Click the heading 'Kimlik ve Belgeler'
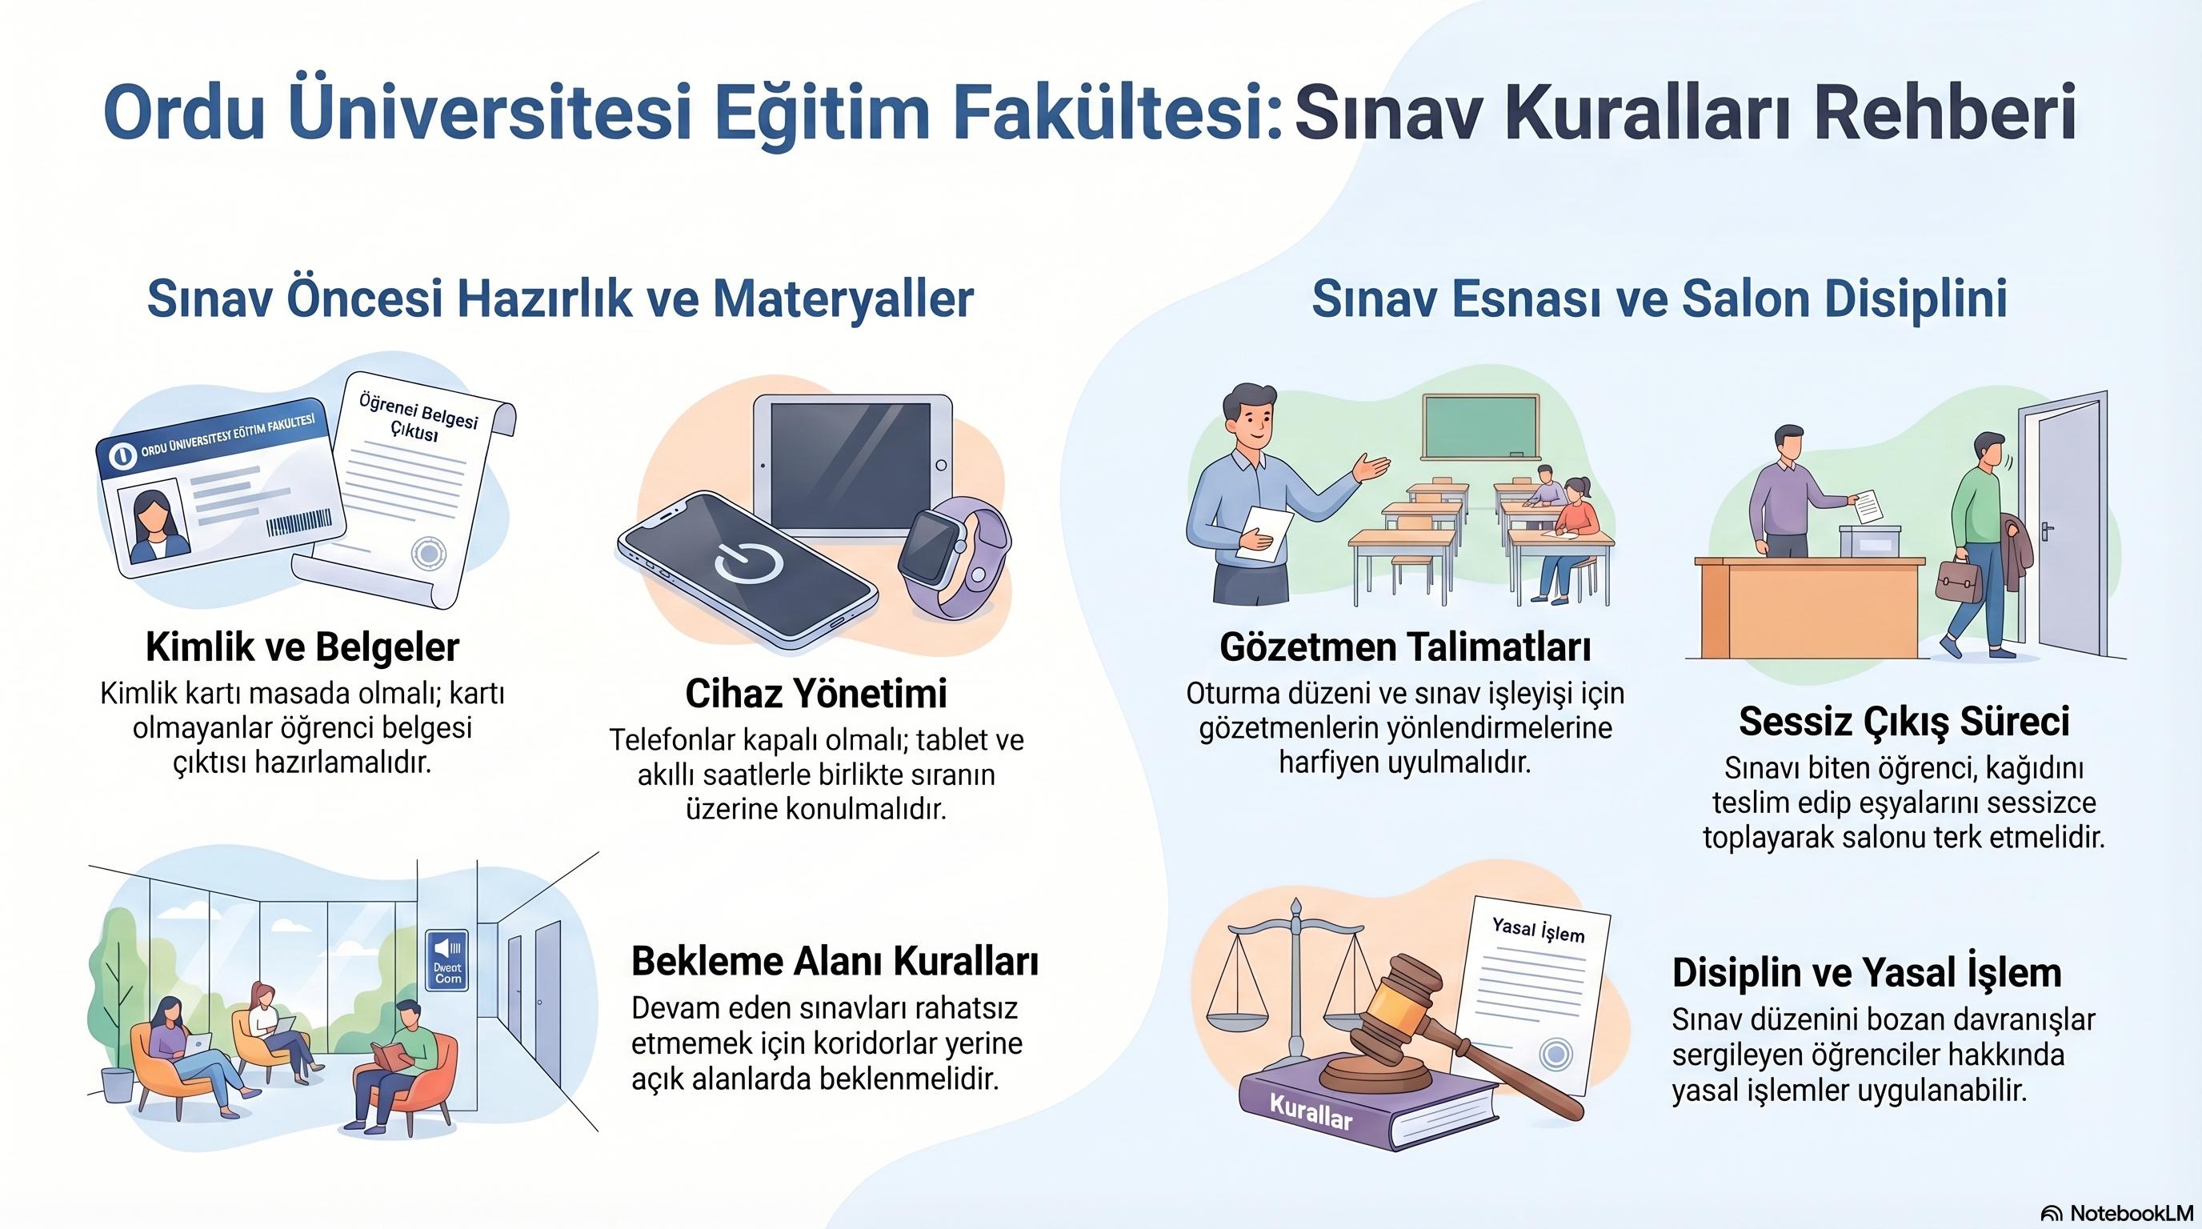(x=302, y=647)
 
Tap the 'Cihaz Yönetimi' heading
(x=815, y=693)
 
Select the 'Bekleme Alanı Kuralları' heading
(x=835, y=962)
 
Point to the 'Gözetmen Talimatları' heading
(x=1405, y=647)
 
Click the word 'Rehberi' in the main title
(x=1944, y=112)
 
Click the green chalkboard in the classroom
(x=1479, y=427)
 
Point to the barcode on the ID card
(x=298, y=522)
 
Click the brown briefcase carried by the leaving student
(x=1959, y=580)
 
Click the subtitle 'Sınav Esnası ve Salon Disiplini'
(x=1660, y=298)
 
